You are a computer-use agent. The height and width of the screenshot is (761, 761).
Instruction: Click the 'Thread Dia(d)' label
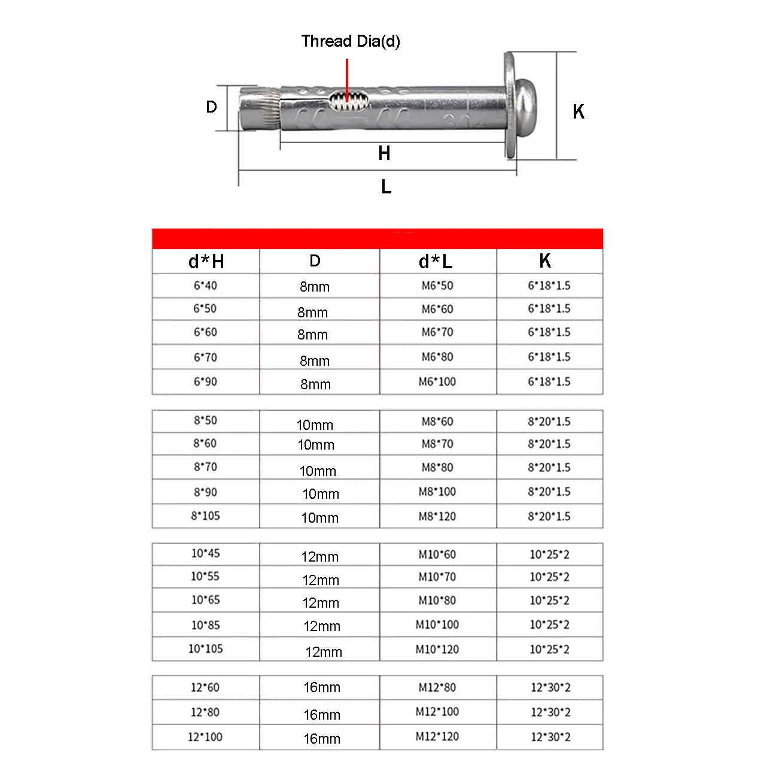351,41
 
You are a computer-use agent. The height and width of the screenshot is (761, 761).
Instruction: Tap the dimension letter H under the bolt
384,154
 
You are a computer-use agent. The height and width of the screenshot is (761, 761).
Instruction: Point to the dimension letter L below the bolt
386,187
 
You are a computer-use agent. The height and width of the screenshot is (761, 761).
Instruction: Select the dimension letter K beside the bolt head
578,112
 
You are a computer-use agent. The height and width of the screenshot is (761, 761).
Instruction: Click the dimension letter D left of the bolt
211,107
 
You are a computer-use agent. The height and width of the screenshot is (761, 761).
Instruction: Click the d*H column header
206,262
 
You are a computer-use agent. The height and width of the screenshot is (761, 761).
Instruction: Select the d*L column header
436,262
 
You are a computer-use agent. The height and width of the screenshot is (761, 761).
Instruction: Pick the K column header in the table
545,261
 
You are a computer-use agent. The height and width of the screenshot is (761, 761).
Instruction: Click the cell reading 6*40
205,286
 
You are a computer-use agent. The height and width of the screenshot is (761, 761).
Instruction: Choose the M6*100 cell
437,381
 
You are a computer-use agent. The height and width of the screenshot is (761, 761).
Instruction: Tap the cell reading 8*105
205,516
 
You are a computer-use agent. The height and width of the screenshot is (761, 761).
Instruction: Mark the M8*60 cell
437,422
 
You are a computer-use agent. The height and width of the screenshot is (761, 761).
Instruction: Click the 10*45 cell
205,553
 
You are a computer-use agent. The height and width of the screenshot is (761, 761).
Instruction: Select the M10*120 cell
437,649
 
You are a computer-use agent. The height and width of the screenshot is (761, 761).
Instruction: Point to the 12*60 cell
205,687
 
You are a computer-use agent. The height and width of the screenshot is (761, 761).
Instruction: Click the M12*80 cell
437,687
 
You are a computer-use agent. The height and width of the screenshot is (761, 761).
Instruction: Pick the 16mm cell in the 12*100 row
322,739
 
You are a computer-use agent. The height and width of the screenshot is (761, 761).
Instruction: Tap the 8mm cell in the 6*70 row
315,361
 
